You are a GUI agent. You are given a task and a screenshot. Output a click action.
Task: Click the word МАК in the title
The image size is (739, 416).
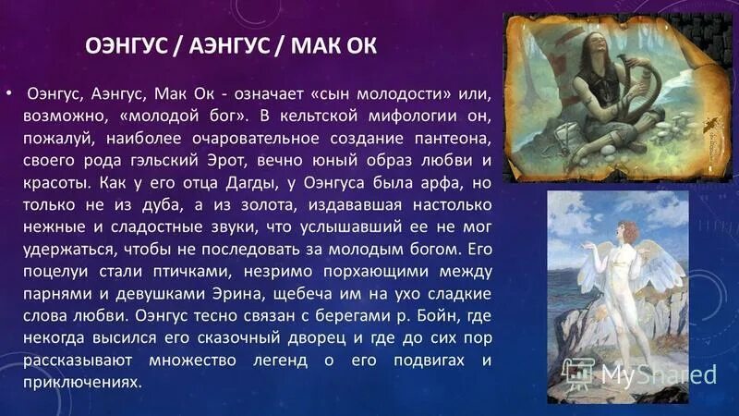321,45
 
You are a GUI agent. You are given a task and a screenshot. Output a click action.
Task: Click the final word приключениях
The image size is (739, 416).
85,382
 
